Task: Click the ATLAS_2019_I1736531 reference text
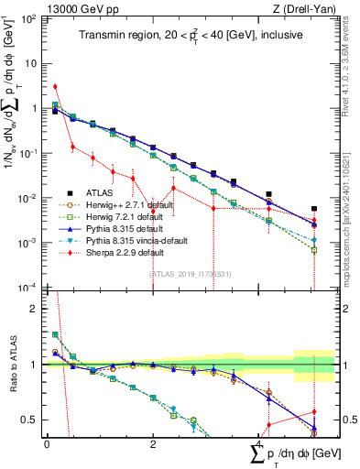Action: (191, 273)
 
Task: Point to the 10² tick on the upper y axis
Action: (29, 19)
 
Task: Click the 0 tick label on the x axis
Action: (47, 443)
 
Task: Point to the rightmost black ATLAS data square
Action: (314, 210)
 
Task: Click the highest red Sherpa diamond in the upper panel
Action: (55, 87)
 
